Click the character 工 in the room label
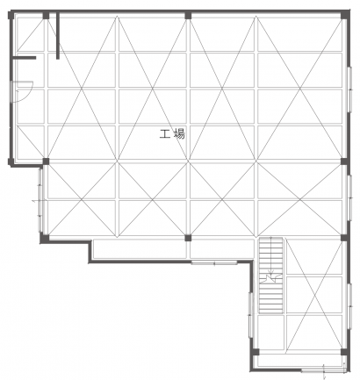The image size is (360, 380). coord(165,134)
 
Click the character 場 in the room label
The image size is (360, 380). coord(179,134)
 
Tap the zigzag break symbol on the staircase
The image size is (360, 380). coord(272,278)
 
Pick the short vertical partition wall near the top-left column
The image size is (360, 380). coord(58,36)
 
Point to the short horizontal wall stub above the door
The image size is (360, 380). coord(25,58)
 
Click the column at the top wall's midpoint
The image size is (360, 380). coord(188,16)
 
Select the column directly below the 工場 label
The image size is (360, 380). coord(188,238)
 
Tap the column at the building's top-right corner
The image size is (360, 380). coord(345,15)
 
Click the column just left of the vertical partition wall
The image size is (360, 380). coord(46,16)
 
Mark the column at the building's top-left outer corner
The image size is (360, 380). coord(11,15)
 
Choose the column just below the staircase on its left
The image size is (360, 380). coord(256,352)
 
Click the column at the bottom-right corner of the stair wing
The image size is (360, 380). coord(344,352)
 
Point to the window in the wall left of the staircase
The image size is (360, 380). coord(250,315)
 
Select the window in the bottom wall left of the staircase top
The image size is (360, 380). coord(214,262)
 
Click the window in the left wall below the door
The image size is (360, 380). coord(40,200)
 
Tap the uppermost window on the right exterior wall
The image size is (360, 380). coord(349,90)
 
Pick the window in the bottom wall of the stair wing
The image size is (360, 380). coord(324,371)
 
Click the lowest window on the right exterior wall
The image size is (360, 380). coord(349,306)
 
